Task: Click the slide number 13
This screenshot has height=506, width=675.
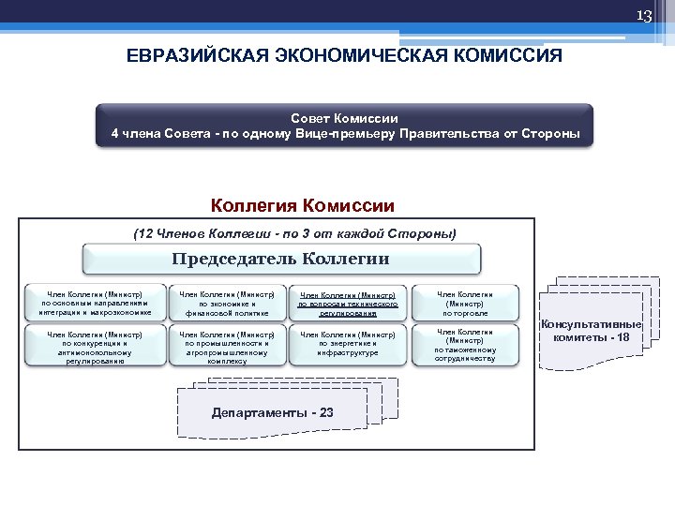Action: pos(643,16)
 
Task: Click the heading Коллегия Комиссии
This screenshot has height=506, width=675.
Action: pos(303,205)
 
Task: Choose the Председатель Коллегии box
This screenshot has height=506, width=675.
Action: pos(281,259)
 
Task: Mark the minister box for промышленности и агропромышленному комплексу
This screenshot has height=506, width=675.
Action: pos(225,346)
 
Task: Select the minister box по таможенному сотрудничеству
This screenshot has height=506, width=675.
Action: pos(465,346)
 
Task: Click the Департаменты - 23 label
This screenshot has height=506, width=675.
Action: pos(273,412)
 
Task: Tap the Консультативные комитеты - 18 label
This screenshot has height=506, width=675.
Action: pos(597,331)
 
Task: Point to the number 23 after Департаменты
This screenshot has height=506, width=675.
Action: pos(325,412)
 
